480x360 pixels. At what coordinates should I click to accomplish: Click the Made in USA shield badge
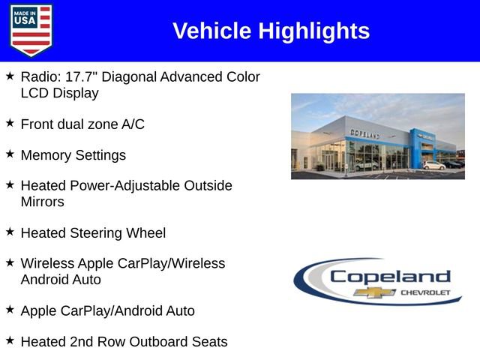pyautogui.click(x=31, y=30)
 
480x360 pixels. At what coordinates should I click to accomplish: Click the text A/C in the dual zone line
pyautogui.click(x=133, y=124)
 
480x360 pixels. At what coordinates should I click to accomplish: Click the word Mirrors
pyautogui.click(x=42, y=202)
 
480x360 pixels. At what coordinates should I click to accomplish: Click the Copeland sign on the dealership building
pyautogui.click(x=364, y=133)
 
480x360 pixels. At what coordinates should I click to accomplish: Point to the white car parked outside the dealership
pyautogui.click(x=433, y=165)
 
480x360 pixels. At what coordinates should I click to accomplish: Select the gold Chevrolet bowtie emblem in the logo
pyautogui.click(x=374, y=292)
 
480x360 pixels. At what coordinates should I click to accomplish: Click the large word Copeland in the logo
pyautogui.click(x=390, y=276)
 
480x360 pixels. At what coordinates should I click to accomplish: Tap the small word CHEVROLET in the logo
pyautogui.click(x=426, y=292)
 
